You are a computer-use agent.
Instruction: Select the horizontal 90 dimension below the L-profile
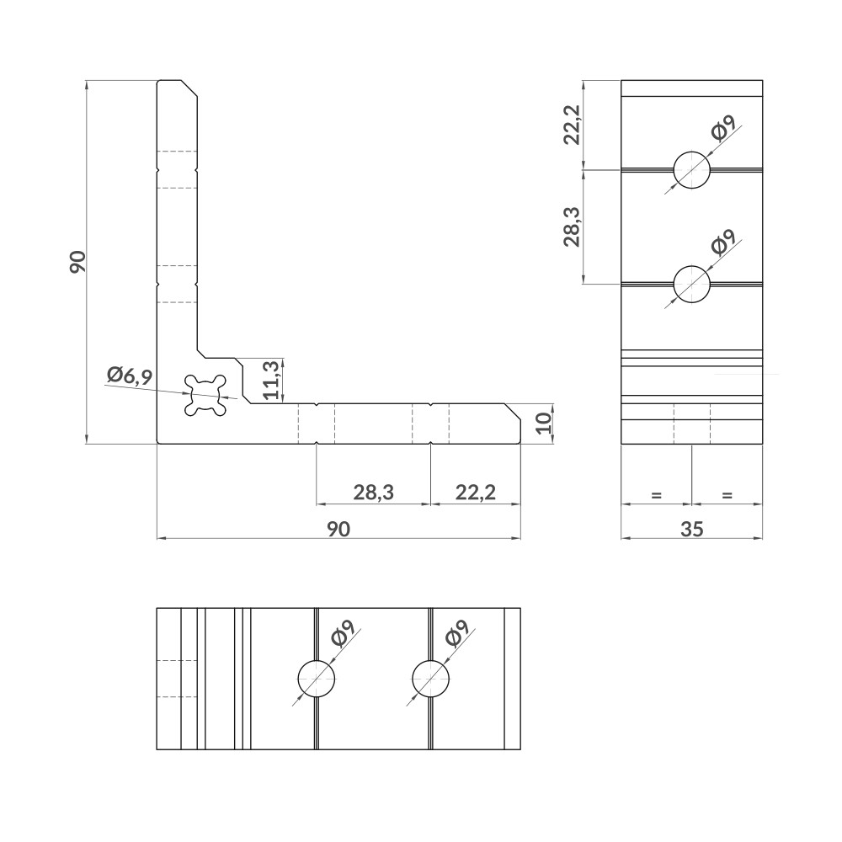(338, 528)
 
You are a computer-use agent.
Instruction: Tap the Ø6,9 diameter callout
(130, 376)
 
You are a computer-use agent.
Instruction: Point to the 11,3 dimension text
(271, 381)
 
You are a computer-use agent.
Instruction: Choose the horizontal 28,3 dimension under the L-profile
(373, 493)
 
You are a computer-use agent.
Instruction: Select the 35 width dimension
(691, 528)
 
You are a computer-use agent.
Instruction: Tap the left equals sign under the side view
(656, 495)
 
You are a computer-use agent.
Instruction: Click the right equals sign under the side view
(727, 495)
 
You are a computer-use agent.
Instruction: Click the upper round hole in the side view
(691, 170)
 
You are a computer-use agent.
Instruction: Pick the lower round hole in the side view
(691, 284)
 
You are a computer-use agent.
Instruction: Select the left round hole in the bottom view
(317, 679)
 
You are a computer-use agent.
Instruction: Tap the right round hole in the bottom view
(430, 679)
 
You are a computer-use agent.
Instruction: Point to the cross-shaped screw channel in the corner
(207, 394)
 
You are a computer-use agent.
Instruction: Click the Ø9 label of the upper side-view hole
(722, 128)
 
